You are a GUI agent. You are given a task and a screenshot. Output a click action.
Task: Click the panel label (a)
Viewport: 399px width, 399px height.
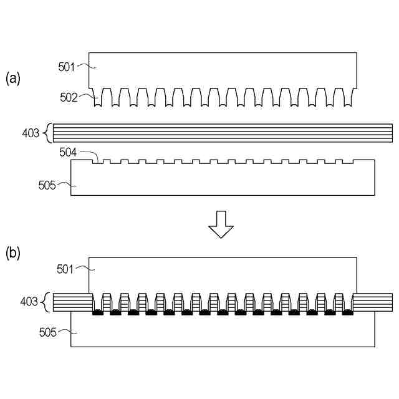13,78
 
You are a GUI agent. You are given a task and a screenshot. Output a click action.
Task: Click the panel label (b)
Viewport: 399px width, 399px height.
13,253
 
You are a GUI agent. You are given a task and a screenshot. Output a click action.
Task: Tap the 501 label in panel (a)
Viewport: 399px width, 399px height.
67,66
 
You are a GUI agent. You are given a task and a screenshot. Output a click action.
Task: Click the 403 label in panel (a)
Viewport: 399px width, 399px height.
30,132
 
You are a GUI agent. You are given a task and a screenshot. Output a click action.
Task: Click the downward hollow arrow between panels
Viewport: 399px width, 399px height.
221,224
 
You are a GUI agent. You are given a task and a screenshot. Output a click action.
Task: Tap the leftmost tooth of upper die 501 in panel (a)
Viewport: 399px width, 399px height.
98,98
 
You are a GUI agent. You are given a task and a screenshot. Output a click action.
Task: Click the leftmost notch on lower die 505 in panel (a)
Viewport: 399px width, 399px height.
98,162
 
